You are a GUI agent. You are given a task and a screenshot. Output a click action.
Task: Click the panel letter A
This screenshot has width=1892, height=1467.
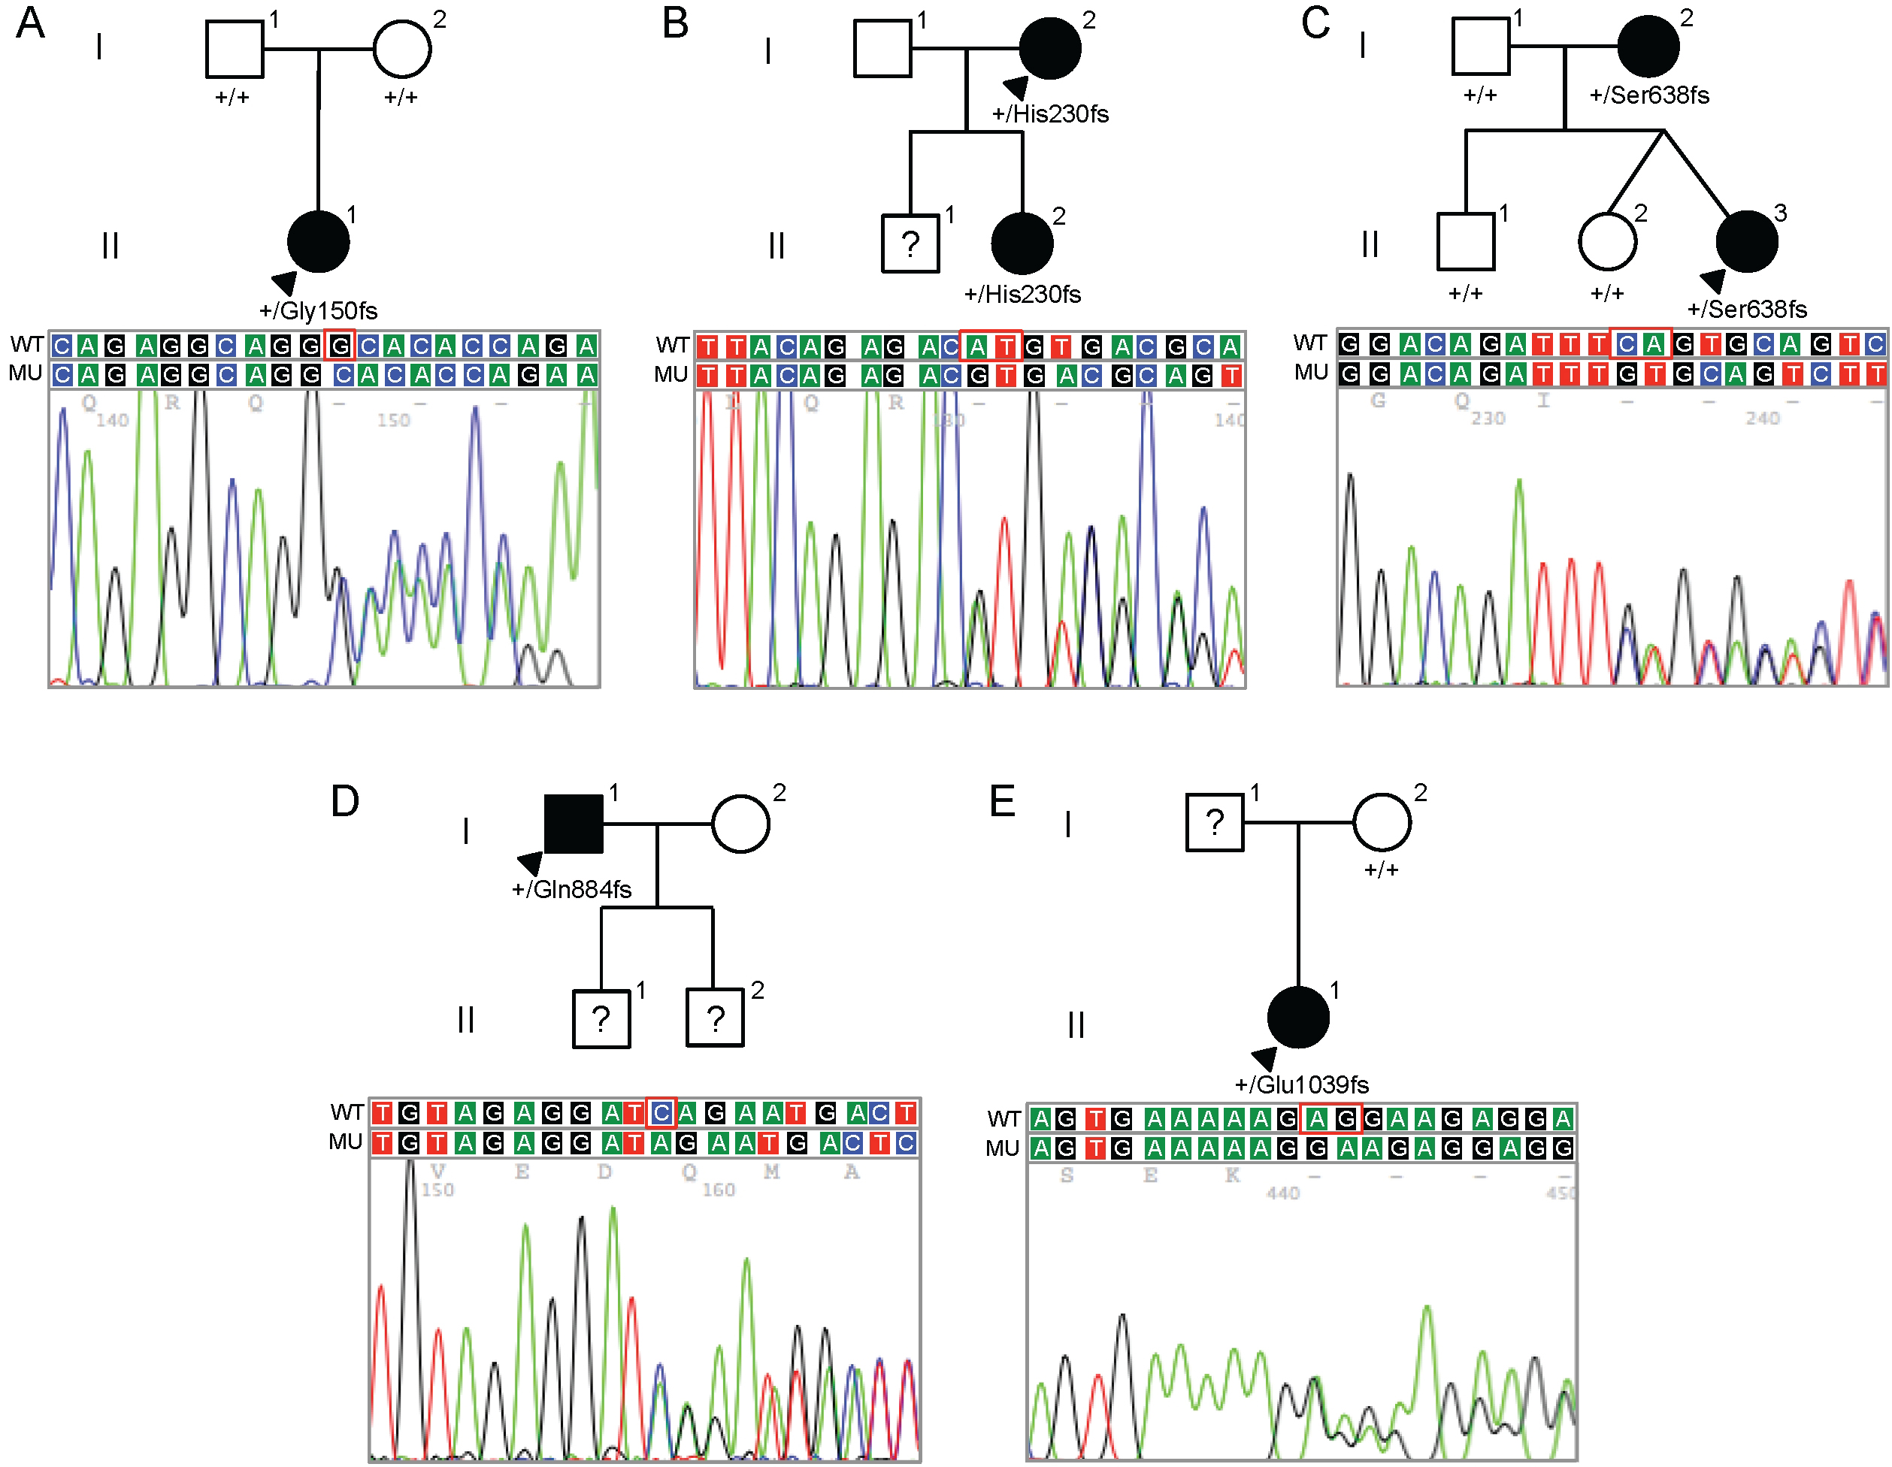[x=30, y=23]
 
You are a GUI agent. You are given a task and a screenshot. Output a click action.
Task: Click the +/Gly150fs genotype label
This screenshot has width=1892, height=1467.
[x=318, y=311]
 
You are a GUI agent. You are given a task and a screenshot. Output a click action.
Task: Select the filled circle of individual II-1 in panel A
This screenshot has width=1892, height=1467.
[x=318, y=241]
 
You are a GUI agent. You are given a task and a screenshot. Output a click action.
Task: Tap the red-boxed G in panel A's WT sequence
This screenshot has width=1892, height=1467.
[x=340, y=346]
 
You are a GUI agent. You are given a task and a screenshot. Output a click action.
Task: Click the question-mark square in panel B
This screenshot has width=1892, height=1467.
[x=910, y=244]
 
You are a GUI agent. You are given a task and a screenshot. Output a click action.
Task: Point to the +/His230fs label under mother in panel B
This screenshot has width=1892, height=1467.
[x=1050, y=114]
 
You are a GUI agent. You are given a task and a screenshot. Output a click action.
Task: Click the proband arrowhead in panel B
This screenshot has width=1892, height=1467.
[x=1016, y=86]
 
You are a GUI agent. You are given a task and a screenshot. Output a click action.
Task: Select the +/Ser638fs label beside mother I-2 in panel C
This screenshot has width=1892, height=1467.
[x=1649, y=95]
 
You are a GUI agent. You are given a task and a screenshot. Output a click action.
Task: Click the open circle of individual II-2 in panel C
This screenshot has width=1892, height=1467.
[x=1608, y=241]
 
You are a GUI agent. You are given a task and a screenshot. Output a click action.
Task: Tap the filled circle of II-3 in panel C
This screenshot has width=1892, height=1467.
[x=1746, y=241]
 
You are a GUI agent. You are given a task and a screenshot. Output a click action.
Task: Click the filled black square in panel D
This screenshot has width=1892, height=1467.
[x=574, y=824]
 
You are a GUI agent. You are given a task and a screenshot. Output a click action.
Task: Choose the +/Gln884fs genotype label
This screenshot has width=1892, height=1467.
[x=572, y=889]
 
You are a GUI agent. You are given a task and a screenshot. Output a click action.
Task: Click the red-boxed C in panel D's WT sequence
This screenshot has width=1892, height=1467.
[x=661, y=1113]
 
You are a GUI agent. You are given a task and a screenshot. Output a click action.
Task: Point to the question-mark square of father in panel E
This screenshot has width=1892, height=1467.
[x=1215, y=823]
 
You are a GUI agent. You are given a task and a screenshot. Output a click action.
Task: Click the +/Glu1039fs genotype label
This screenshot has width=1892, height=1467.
[x=1301, y=1085]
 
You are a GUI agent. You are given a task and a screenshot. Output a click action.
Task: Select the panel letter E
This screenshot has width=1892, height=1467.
[x=1002, y=801]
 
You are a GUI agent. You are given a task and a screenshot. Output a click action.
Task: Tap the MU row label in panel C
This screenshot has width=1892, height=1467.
[x=1311, y=372]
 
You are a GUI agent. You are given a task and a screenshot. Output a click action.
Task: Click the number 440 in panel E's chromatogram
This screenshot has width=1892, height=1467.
[x=1283, y=1193]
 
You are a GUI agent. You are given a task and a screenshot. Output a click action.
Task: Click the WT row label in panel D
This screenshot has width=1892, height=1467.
[x=347, y=1112]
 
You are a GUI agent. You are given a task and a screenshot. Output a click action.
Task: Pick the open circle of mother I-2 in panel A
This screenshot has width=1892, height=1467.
[x=402, y=50]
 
